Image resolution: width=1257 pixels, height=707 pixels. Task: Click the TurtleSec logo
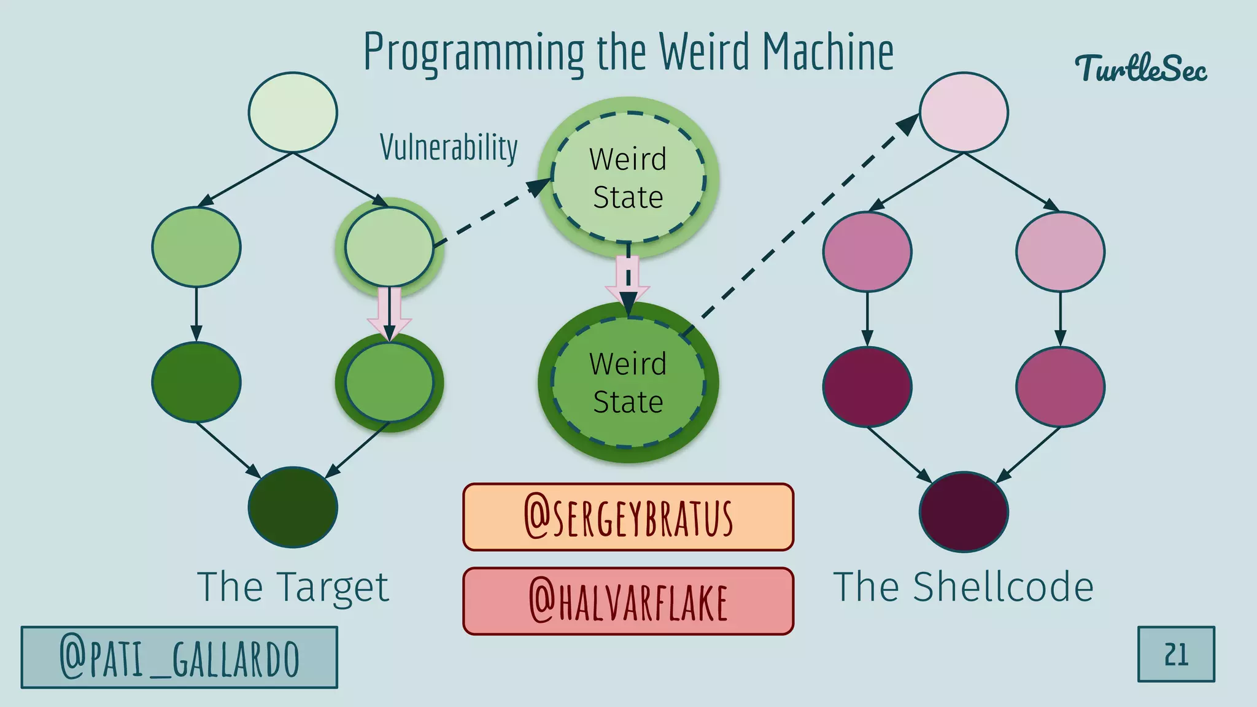tap(1140, 68)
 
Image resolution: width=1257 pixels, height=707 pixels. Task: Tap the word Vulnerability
tap(449, 147)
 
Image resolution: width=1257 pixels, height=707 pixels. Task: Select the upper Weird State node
tap(628, 178)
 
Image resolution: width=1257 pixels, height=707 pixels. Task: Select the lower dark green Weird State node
tap(628, 382)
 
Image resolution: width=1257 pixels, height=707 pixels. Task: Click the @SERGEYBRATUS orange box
tap(628, 517)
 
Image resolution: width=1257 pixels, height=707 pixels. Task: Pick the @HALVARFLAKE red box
tap(628, 601)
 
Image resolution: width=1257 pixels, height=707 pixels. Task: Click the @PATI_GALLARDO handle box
tap(179, 657)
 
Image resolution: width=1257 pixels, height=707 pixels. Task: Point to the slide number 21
tap(1176, 654)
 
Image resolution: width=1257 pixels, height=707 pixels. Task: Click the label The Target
tap(293, 587)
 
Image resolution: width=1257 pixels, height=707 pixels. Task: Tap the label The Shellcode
tap(963, 587)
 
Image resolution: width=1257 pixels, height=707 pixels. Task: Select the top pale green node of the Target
tap(293, 112)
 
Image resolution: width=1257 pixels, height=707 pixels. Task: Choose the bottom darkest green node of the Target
tap(293, 507)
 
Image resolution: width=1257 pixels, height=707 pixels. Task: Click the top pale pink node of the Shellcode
tap(964, 112)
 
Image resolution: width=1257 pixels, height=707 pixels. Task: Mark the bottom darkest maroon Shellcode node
tap(964, 512)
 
